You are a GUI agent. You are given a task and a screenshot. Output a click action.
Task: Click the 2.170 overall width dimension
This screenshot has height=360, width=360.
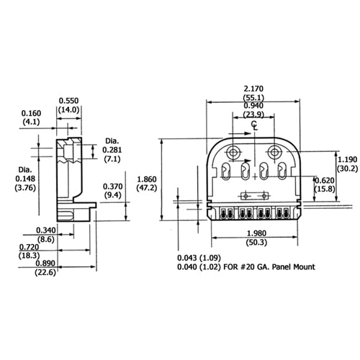coord(253,88)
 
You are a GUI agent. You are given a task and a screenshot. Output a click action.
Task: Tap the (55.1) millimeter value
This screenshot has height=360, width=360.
coord(253,96)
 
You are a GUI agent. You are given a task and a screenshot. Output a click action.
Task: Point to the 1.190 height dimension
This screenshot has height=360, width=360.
coord(346,161)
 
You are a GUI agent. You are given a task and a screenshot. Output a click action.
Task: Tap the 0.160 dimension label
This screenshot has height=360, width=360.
coord(32,113)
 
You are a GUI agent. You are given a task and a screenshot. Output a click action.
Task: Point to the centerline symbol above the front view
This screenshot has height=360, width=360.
coord(254,125)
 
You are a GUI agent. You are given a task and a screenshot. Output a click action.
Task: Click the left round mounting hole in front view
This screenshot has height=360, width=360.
coord(234,153)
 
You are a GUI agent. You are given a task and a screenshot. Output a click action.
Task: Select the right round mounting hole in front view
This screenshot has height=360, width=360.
coord(274,153)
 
